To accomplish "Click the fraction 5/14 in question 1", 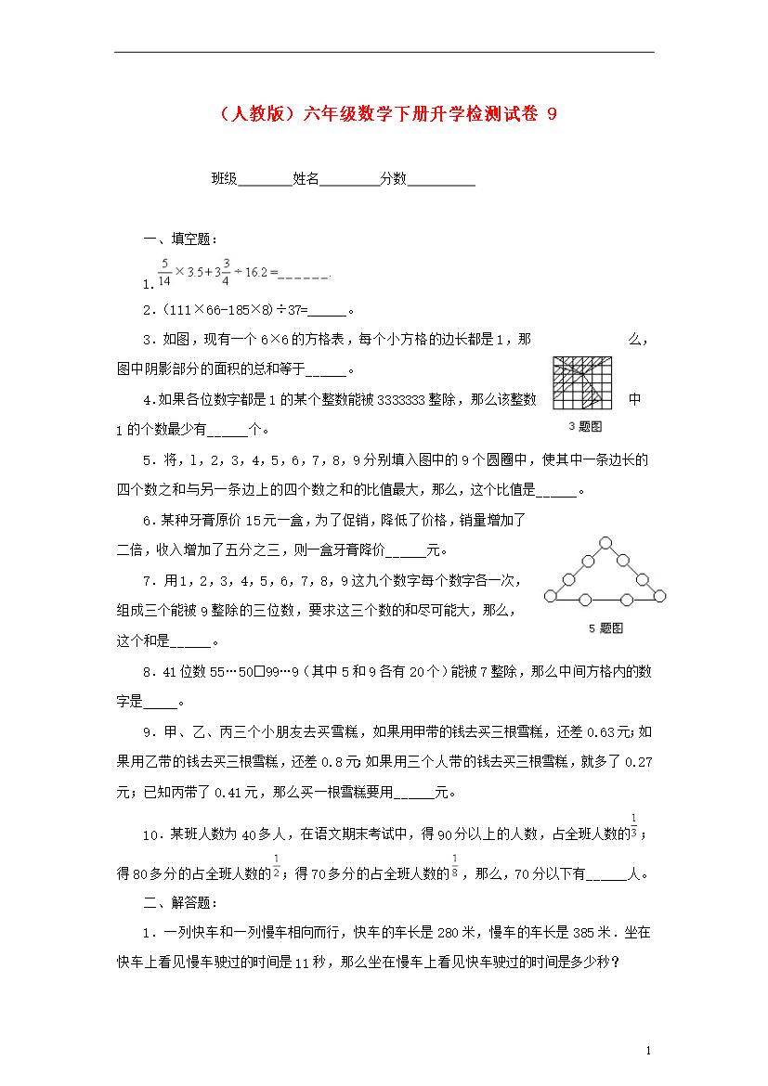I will coord(164,272).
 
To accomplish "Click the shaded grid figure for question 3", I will coord(582,382).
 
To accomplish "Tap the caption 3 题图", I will coord(584,427).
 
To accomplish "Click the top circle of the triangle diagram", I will coord(605,541).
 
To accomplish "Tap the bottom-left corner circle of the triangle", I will coord(550,596).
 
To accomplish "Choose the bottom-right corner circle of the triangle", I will coord(661,596).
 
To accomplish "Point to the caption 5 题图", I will coord(605,628).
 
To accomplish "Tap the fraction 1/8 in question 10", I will coord(455,864).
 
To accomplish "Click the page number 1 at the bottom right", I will coord(647,1051).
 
